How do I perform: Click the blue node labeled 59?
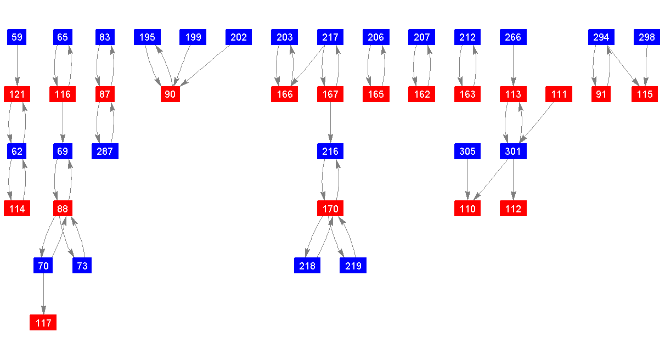(x=17, y=37)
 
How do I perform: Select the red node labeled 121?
(x=17, y=94)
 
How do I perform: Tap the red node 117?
(x=43, y=323)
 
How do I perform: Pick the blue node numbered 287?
(x=105, y=151)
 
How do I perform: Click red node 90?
(x=170, y=94)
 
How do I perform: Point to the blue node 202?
(x=239, y=37)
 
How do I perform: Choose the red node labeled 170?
(x=330, y=209)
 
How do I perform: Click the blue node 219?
(x=353, y=266)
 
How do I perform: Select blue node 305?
(x=467, y=151)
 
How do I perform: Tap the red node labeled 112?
(x=513, y=209)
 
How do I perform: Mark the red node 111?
(x=559, y=94)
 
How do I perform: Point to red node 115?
(x=645, y=94)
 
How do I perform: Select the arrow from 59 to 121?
(x=17, y=66)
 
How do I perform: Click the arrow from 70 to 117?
(x=43, y=294)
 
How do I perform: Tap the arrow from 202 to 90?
(x=206, y=65)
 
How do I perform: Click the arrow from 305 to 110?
(x=467, y=180)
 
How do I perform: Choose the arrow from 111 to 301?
(x=537, y=122)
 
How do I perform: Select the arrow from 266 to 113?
(x=513, y=66)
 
